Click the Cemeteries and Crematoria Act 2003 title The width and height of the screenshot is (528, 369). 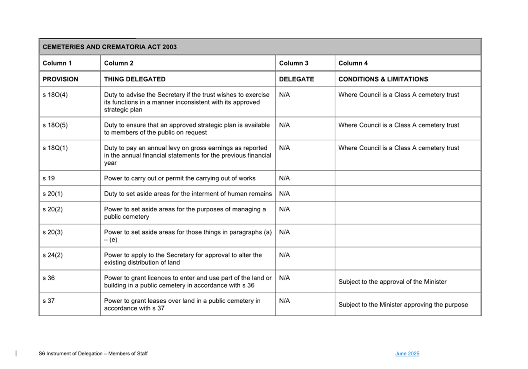(109, 47)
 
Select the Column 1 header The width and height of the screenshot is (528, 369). (57, 63)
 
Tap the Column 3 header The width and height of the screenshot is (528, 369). (294, 63)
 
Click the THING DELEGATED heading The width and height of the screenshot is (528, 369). (134, 79)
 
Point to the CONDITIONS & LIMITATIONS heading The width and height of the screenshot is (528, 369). (383, 79)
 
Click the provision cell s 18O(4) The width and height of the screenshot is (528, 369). (55, 95)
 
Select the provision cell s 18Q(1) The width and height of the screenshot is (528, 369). (55, 148)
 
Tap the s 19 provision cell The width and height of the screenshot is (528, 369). (49, 178)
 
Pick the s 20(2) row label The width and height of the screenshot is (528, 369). (53, 209)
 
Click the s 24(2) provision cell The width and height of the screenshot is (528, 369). (53, 255)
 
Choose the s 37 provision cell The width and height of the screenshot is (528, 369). (49, 301)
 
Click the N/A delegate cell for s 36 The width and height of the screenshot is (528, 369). (284, 278)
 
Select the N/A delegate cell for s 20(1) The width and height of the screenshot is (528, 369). (284, 194)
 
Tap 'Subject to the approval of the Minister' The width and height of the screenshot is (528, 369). (392, 282)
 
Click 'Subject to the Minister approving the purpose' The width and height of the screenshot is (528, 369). (403, 305)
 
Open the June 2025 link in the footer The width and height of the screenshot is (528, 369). (407, 354)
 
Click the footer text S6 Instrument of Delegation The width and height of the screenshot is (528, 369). (93, 354)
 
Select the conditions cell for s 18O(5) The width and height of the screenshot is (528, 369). (399, 125)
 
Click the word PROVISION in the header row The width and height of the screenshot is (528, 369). (60, 79)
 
